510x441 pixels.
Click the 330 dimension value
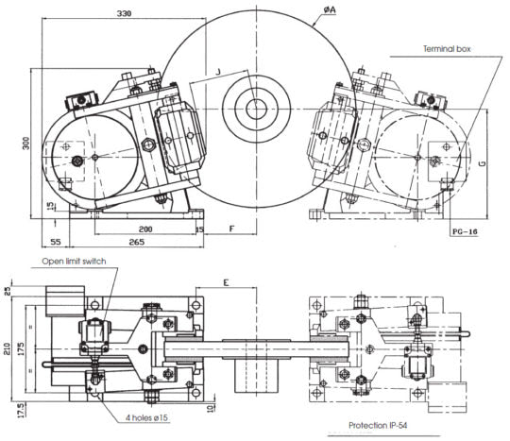click(x=124, y=13)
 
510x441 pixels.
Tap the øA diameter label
click(x=330, y=10)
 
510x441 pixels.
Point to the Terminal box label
click(x=447, y=49)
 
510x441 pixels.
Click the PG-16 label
click(x=465, y=231)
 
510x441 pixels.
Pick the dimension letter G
click(x=484, y=162)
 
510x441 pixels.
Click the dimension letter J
click(x=218, y=72)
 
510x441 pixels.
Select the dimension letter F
click(x=231, y=229)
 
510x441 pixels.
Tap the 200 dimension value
click(x=145, y=229)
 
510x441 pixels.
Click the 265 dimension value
click(x=137, y=242)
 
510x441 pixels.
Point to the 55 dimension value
click(x=56, y=242)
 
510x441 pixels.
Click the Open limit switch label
click(x=74, y=262)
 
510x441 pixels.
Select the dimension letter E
click(x=226, y=282)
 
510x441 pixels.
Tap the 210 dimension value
click(x=8, y=348)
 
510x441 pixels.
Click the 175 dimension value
click(x=21, y=348)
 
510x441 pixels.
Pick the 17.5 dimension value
click(x=21, y=410)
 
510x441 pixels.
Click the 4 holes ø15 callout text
click(x=146, y=417)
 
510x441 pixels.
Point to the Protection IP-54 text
click(x=378, y=425)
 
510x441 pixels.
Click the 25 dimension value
click(x=8, y=291)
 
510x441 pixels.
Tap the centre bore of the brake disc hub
click(x=256, y=109)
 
